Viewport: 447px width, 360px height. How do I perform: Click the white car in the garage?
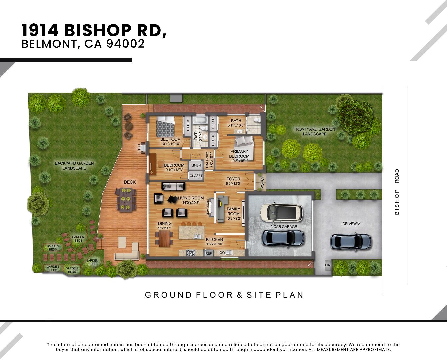coord(281,212)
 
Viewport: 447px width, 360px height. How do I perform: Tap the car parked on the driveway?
coord(351,242)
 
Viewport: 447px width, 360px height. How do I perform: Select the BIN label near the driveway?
coord(328,265)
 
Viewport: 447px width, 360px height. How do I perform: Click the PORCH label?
coord(262,182)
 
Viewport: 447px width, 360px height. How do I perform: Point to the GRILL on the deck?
coord(139,148)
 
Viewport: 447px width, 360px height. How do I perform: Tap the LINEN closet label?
coord(196,165)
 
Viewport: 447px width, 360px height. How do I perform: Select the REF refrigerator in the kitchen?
coord(208,253)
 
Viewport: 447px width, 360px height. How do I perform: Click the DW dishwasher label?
coord(222,253)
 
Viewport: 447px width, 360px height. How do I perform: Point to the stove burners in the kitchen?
coord(191,253)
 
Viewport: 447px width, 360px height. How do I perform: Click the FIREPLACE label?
coord(207,207)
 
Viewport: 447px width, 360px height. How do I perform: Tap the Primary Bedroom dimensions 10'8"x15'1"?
coord(239,161)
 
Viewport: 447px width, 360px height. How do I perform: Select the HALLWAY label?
coord(207,160)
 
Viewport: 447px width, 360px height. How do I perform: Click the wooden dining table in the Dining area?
coord(164,239)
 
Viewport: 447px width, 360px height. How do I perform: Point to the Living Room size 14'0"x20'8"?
coord(191,203)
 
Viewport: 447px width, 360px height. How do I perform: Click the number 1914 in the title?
coord(40,30)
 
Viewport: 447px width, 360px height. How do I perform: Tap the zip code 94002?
coord(125,44)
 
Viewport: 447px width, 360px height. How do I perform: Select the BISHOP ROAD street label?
coord(397,192)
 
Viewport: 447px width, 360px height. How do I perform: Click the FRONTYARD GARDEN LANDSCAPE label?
coord(314,131)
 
